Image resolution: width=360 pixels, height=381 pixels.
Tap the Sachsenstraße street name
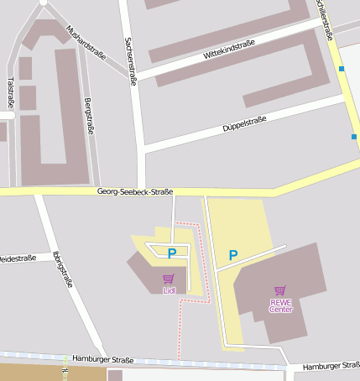click(130, 60)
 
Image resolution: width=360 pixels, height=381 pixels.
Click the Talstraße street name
click(10, 92)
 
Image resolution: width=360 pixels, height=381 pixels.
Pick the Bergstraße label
click(88, 116)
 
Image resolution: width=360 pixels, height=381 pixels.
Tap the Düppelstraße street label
click(245, 125)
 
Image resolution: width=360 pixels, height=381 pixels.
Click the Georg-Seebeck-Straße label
click(135, 191)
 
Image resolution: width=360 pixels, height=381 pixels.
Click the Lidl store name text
click(169, 290)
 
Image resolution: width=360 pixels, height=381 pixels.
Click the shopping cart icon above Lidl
click(169, 279)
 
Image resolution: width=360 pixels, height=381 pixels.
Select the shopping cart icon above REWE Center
click(280, 291)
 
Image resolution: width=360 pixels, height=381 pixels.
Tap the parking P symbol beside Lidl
click(171, 253)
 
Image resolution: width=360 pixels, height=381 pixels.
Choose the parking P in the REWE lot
click(233, 255)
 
